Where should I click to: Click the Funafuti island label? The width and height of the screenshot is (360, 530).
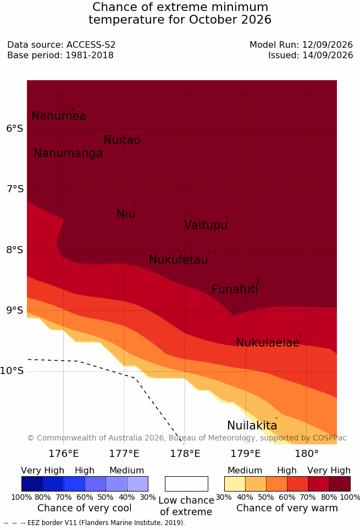pos(235,289)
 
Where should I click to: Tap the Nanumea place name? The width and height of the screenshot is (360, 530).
pos(58,115)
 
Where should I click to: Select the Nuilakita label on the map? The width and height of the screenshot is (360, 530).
pos(252,425)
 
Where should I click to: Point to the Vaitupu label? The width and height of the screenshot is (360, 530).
pos(206,225)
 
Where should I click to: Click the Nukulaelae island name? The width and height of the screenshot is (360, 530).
pos(268,342)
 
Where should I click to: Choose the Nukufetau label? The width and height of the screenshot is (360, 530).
pos(178,260)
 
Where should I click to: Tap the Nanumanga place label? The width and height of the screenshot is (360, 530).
pos(68,153)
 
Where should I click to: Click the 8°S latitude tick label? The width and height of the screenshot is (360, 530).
pos(15,250)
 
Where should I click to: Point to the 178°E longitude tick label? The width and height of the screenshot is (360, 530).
pos(185,453)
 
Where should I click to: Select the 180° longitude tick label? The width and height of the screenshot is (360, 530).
pos(307,453)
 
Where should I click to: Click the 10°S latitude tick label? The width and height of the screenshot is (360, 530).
pos(12,371)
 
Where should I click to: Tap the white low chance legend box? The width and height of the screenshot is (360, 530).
pos(186,484)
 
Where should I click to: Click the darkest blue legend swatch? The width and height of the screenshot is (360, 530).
pos(32,484)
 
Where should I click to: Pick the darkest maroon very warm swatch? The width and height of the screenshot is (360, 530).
pos(340,484)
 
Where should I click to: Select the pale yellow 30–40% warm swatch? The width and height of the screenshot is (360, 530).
pos(235,484)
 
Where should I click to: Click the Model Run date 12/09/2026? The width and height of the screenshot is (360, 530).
pos(328,44)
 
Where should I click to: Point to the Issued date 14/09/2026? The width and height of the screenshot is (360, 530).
pos(328,55)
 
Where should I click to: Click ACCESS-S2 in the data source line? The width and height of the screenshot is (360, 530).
pos(91,44)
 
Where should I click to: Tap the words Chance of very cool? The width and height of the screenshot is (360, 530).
pos(84,508)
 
